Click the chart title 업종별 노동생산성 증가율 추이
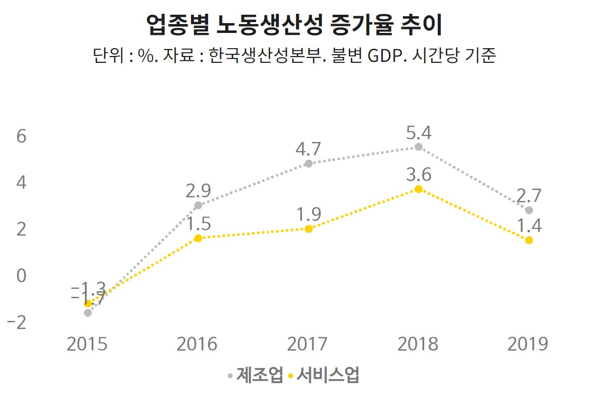pyautogui.click(x=294, y=26)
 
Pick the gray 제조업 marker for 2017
pyautogui.click(x=308, y=164)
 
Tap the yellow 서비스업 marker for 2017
pyautogui.click(x=308, y=229)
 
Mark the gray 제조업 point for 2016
pyautogui.click(x=198, y=205)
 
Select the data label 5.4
pyautogui.click(x=419, y=133)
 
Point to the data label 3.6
pyautogui.click(x=419, y=175)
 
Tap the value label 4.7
pyautogui.click(x=308, y=149)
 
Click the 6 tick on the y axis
pyautogui.click(x=21, y=137)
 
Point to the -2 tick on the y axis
pyautogui.click(x=18, y=322)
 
